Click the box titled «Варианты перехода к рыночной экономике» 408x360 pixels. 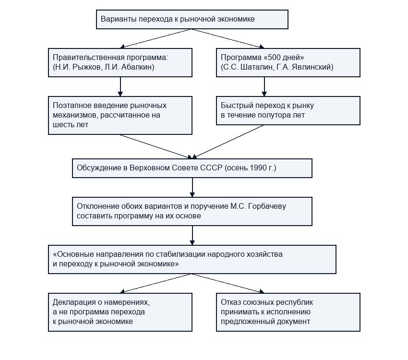pyautogui.click(x=192, y=20)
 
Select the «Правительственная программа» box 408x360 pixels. pyautogui.click(x=120, y=62)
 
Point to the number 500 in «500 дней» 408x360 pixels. pyautogui.click(x=276, y=57)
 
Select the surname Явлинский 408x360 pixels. pyautogui.click(x=311, y=67)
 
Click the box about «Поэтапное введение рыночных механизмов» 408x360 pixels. pyautogui.click(x=120, y=116)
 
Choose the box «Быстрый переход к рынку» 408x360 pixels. pyautogui.click(x=288, y=110)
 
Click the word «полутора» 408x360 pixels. pyautogui.click(x=277, y=115)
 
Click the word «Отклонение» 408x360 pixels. pyautogui.click(x=95, y=206)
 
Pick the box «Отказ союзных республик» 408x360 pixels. pyautogui.click(x=288, y=312)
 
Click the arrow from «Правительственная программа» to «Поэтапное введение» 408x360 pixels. pyautogui.click(x=120, y=86)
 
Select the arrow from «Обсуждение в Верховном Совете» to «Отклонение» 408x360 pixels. pyautogui.click(x=192, y=188)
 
